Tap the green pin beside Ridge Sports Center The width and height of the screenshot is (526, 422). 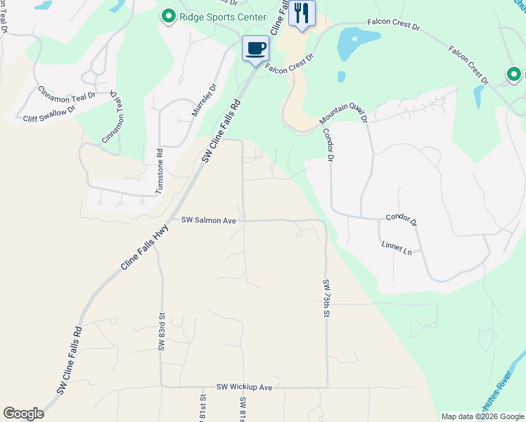[x=169, y=16]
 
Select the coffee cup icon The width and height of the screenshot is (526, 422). [x=255, y=49]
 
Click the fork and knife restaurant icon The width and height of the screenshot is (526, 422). [x=302, y=13]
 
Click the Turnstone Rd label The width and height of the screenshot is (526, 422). [x=160, y=172]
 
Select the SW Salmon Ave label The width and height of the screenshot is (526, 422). [x=208, y=220]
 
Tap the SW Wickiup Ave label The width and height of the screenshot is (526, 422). [x=244, y=387]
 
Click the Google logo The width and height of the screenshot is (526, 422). [x=24, y=414]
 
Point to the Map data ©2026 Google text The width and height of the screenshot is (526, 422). [x=482, y=416]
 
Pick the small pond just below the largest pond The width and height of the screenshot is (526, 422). [x=341, y=76]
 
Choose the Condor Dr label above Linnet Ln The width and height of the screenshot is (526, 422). [x=401, y=220]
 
